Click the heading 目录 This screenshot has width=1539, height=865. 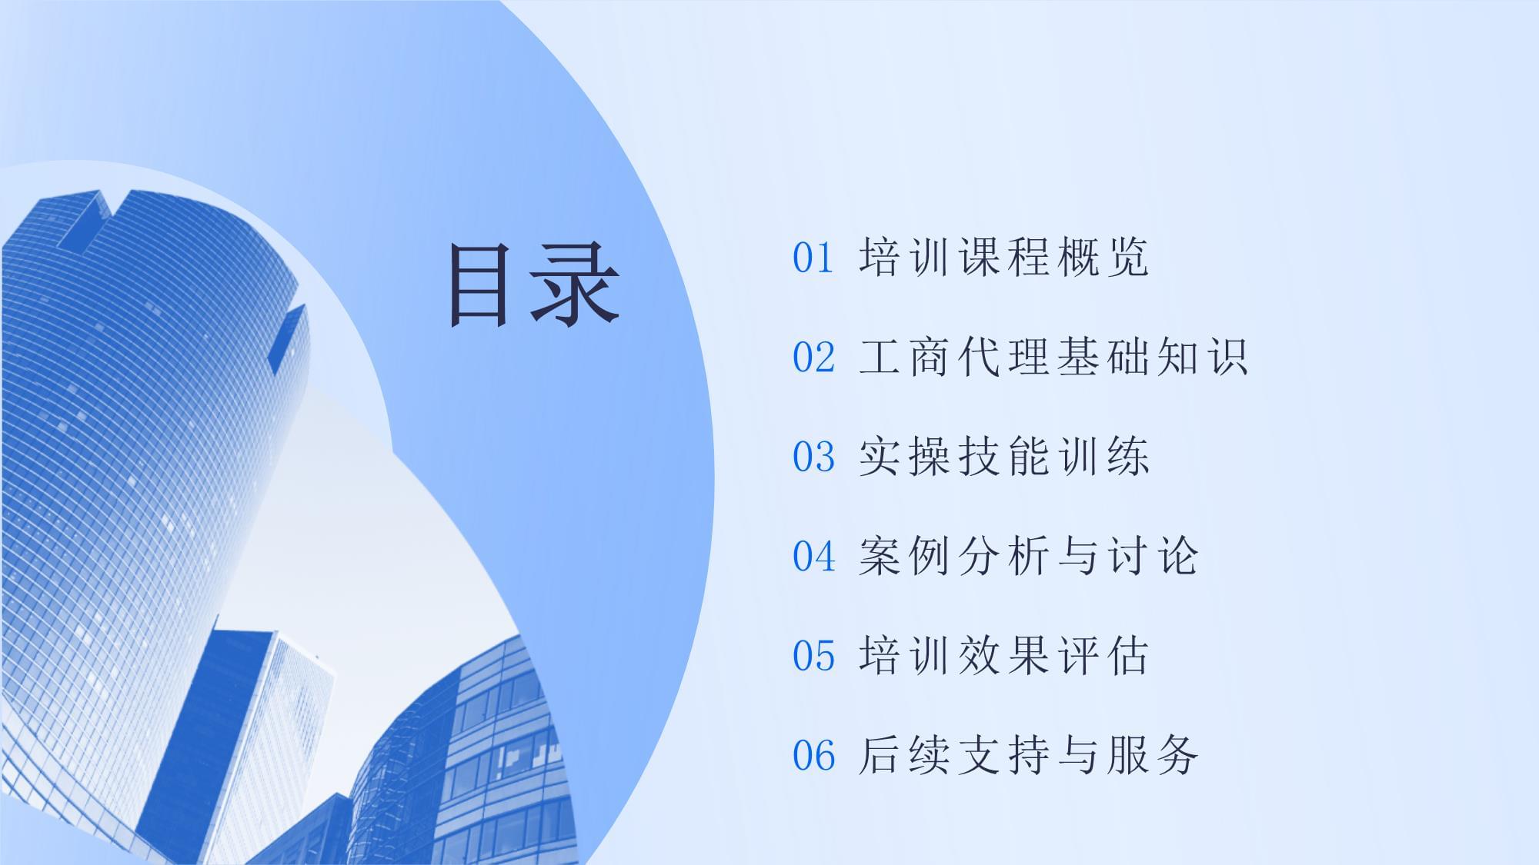(534, 285)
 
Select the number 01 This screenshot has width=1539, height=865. (813, 258)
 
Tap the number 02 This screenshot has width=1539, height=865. (813, 358)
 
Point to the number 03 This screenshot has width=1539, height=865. (813, 457)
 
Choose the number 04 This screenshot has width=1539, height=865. (813, 556)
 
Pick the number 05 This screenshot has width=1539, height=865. (813, 656)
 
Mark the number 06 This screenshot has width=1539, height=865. (813, 755)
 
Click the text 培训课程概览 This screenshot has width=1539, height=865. (1003, 258)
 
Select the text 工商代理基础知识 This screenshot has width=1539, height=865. (1053, 358)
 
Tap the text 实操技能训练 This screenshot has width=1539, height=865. (1003, 457)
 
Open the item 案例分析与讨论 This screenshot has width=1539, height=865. (1028, 556)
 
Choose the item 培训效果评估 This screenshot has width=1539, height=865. (1003, 656)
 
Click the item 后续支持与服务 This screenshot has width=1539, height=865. (1028, 755)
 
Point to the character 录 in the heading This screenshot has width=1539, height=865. (576, 285)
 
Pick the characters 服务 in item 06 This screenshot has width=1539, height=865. (1153, 755)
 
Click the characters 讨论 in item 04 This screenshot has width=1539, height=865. (1153, 556)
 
